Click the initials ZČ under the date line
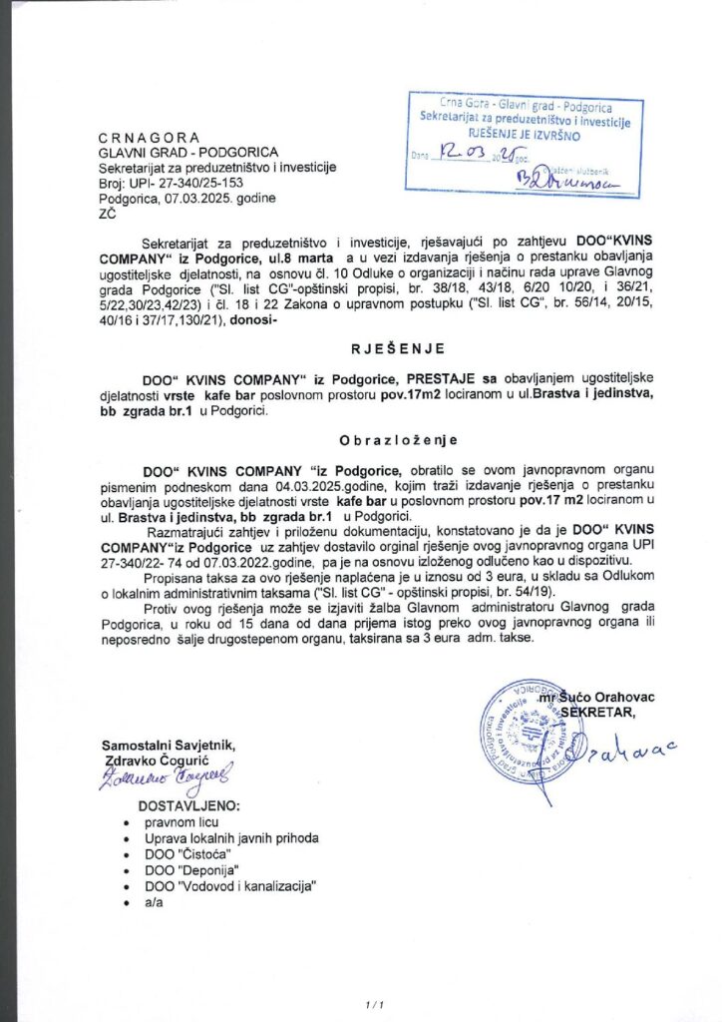tap(107, 213)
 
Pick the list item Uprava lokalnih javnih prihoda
tap(231, 839)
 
